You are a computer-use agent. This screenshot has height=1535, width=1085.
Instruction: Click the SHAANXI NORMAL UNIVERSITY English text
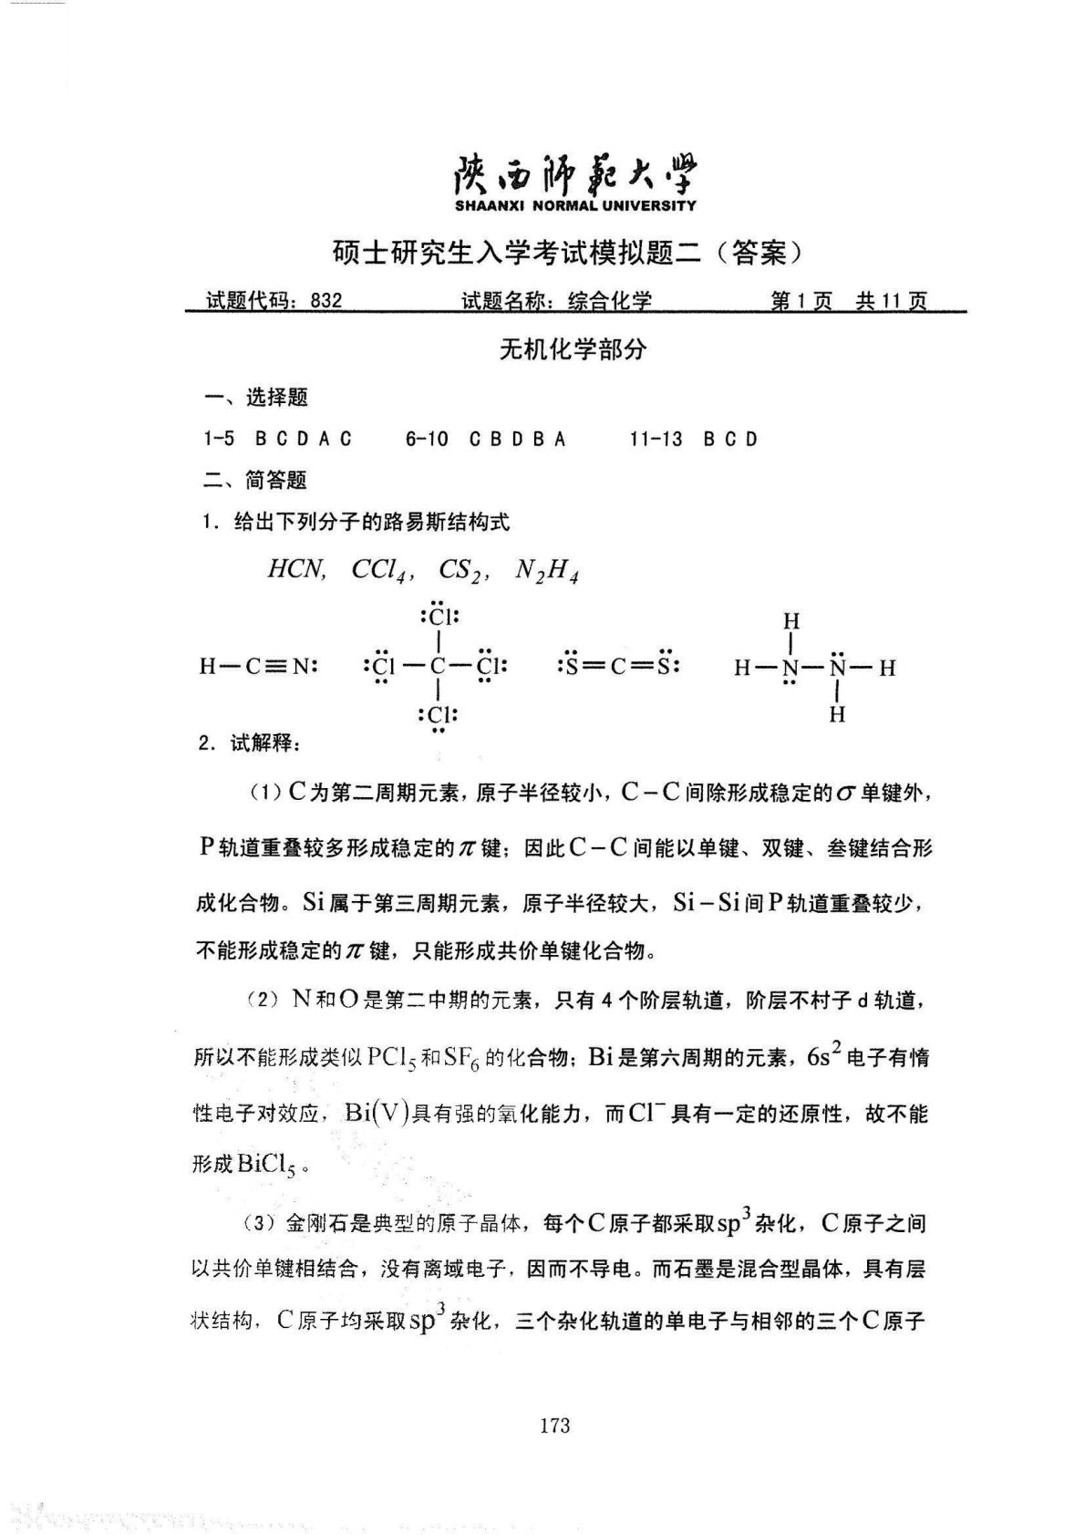574,206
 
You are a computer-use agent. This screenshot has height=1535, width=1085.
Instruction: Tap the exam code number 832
325,301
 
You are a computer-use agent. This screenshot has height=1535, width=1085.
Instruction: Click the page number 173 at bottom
554,1426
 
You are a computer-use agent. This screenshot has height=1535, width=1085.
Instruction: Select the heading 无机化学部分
573,349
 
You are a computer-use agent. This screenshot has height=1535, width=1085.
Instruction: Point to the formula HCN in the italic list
295,570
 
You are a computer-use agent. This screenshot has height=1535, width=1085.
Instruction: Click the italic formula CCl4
377,571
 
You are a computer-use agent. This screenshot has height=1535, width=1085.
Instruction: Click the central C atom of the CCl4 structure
439,666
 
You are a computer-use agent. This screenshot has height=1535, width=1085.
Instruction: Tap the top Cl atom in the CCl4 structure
439,617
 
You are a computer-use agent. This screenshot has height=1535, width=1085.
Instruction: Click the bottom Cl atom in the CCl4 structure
439,714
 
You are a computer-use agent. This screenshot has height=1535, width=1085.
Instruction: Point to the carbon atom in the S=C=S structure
617,666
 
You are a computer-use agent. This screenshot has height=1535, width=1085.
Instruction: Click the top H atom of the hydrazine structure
791,621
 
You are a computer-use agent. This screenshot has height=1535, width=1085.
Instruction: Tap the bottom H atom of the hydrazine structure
837,714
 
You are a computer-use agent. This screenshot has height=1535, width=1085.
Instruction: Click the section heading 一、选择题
255,398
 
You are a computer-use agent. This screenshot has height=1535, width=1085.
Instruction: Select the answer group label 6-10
427,440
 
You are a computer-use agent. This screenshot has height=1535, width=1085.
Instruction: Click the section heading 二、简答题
254,481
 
